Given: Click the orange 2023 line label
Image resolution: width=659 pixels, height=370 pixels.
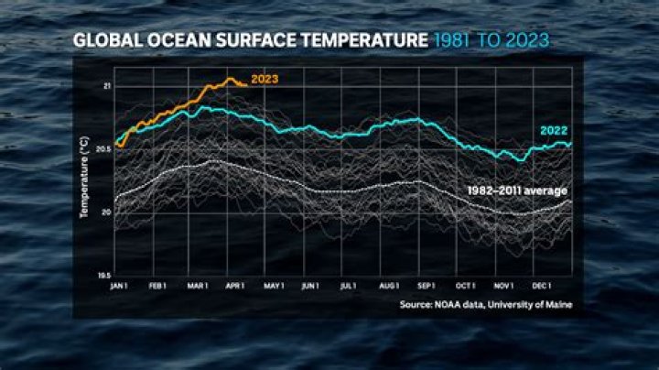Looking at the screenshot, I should coord(264,80).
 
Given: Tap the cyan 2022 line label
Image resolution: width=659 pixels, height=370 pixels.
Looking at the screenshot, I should coord(555,131).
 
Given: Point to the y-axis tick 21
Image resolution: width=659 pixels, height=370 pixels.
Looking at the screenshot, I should coord(106,86).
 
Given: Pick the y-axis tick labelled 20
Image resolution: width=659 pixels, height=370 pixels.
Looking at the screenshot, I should coord(106,212).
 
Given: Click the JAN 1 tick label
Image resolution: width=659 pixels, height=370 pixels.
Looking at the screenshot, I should coord(119,286).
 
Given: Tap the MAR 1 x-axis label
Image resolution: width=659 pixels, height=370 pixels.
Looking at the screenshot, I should coord(198,286).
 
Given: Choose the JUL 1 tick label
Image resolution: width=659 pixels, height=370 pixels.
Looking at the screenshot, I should coord(348,286).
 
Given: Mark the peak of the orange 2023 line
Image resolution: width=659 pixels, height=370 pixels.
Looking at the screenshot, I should coord(229,79).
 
